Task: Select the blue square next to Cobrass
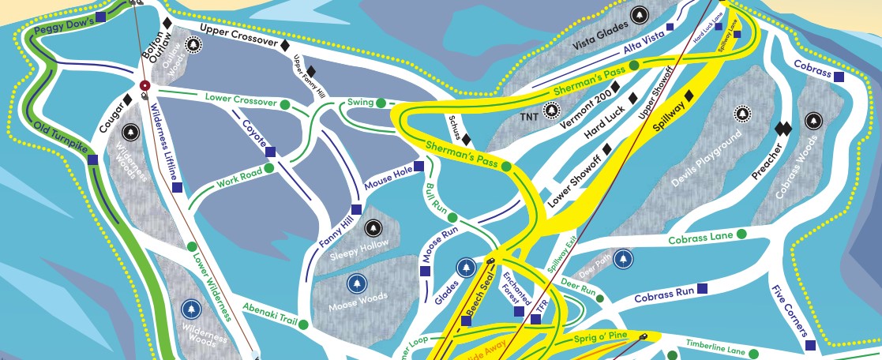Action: click(839, 77)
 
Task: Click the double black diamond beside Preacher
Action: click(783, 128)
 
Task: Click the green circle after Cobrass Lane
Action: click(741, 234)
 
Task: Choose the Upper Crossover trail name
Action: click(238, 34)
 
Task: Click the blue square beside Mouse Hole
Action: click(419, 167)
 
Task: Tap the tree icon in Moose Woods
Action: click(357, 282)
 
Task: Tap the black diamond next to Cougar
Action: click(126, 99)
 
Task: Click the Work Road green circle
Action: click(268, 167)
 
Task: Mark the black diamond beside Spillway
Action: click(689, 96)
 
